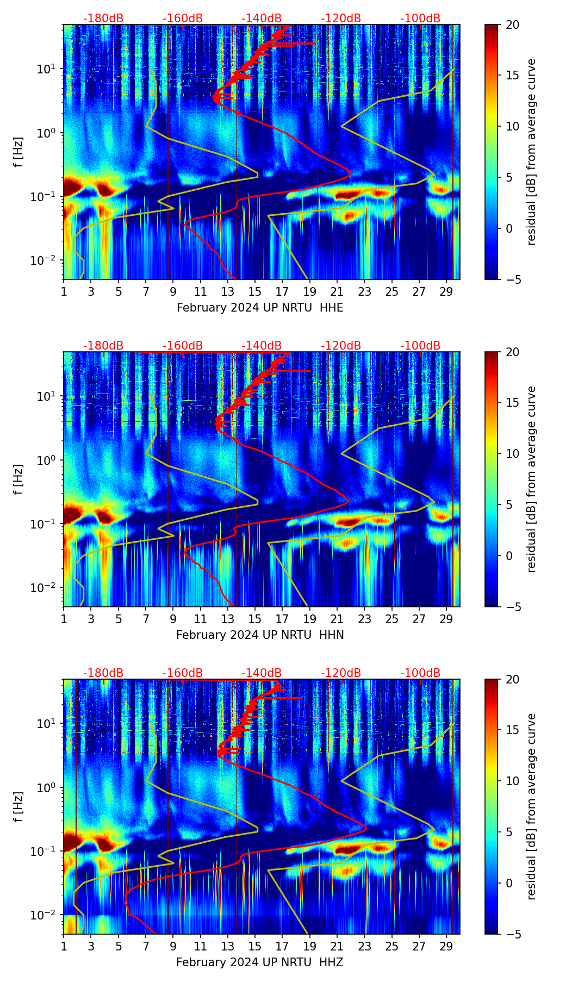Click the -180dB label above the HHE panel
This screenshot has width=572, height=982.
103,18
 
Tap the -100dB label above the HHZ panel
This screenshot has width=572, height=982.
420,673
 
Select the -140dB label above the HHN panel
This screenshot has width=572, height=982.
262,346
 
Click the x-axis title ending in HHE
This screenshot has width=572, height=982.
260,308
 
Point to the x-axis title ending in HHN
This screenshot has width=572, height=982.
260,635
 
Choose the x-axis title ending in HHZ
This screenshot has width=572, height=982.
260,962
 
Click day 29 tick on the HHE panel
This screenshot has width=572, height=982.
446,291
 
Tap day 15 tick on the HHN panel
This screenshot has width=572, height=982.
255,618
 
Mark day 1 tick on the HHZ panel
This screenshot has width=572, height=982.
64,946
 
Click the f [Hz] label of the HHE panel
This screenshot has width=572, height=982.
18,152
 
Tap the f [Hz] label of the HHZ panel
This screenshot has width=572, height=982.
18,807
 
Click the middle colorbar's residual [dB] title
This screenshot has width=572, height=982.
532,479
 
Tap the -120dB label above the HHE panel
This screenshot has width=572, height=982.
341,18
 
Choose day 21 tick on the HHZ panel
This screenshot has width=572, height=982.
337,946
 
